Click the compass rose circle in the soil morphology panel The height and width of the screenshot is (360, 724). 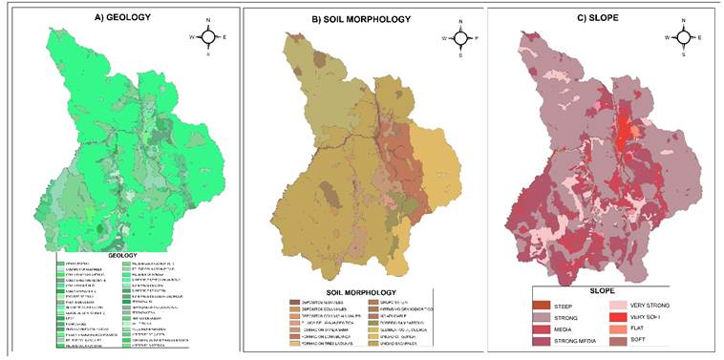coord(460,37)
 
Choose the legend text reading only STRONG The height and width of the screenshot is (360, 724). coord(564,318)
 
